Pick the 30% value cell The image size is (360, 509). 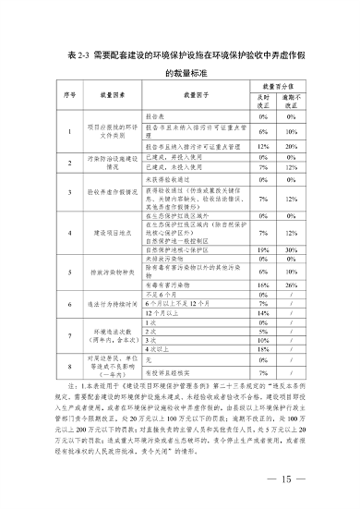pos(292,249)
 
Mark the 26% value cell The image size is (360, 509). pos(292,286)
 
